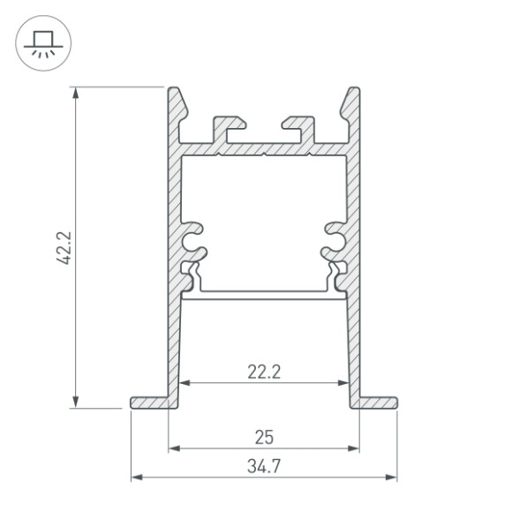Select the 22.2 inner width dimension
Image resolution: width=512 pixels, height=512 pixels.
pos(263,372)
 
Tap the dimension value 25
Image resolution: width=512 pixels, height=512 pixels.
pos(263,436)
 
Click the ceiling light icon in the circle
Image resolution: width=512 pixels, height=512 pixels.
pos(41,41)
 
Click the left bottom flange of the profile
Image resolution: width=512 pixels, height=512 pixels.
pos(150,403)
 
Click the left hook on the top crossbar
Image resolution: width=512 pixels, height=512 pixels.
pos(230,124)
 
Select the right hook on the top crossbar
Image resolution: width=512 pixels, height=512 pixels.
pos(296,124)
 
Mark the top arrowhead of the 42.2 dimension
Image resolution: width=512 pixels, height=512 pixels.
pos(77,91)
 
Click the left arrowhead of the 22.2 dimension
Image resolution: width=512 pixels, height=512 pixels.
pos(184,383)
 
